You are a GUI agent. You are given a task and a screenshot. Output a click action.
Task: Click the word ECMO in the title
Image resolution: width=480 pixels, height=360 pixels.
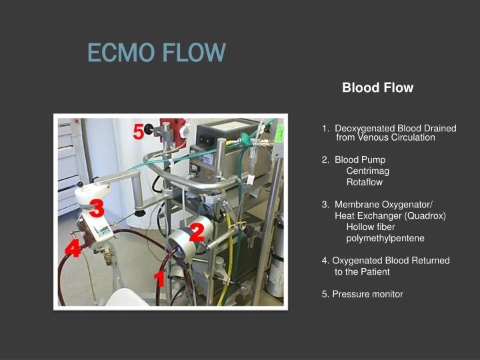[118, 52]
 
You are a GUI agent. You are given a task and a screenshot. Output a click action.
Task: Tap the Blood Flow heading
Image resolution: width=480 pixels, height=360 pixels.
[377, 88]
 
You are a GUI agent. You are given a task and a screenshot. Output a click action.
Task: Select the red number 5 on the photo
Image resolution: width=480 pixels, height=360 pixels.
[138, 133]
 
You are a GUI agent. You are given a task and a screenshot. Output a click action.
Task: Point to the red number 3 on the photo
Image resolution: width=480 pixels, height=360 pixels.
[97, 209]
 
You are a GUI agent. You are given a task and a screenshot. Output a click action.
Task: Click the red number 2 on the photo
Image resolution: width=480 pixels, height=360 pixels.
[196, 233]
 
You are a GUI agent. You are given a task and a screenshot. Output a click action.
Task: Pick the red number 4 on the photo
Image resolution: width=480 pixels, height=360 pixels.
[73, 250]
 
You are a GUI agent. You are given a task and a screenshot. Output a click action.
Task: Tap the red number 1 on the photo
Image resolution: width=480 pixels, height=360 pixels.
[159, 279]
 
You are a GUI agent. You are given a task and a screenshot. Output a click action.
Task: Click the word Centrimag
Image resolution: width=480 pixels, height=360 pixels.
[365, 171]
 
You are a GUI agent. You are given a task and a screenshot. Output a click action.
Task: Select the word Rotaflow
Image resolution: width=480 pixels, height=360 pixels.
[365, 182]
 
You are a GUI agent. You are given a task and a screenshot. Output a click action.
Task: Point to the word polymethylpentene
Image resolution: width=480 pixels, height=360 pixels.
[385, 238]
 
